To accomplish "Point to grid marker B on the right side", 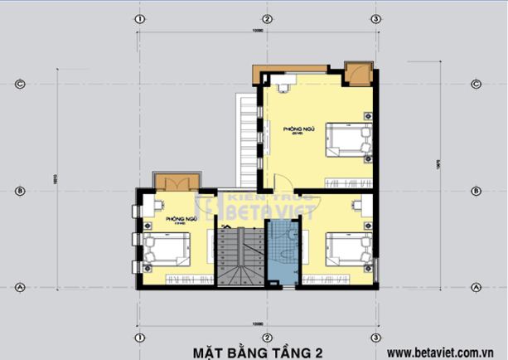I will [x=476, y=191].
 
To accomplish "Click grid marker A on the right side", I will [x=476, y=287].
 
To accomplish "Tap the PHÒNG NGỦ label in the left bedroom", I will [x=180, y=219].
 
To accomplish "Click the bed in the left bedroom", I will [x=167, y=250].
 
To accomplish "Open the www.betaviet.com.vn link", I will [x=445, y=352].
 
